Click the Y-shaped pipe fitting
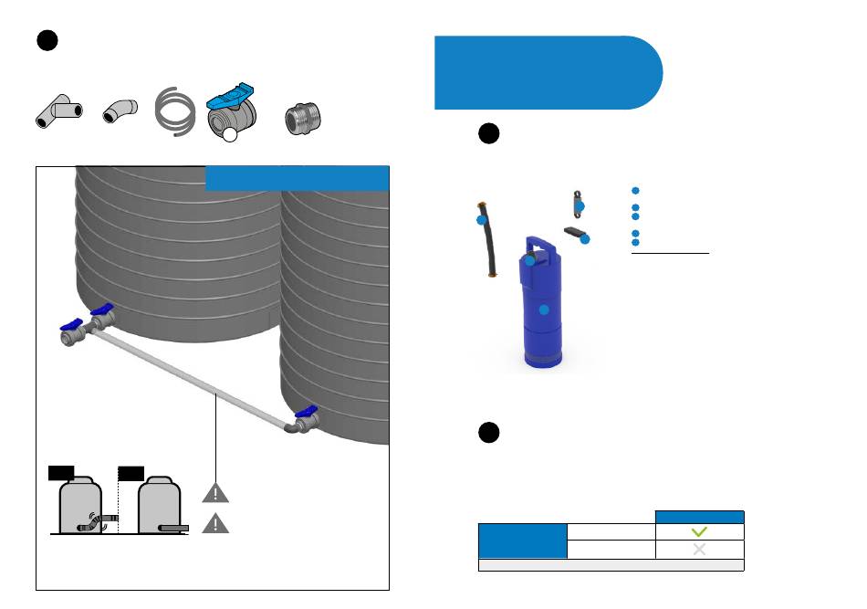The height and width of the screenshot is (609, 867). click(58, 112)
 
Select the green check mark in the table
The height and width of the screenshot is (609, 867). click(699, 532)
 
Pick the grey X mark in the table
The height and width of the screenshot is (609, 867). click(699, 550)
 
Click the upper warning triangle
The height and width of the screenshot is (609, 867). click(215, 494)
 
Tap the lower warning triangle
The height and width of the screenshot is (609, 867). click(215, 523)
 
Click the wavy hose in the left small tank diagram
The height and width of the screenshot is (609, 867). click(93, 523)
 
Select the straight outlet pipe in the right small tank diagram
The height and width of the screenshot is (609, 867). click(173, 529)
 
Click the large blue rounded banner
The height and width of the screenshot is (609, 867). click(548, 72)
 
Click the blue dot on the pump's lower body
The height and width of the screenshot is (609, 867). click(544, 310)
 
